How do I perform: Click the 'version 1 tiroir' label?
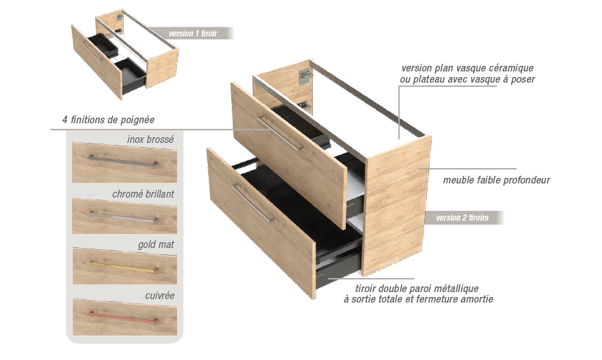tap(192, 34)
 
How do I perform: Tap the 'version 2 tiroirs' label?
tap(462, 217)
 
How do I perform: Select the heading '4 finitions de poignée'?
tap(108, 120)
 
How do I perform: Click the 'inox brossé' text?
tap(150, 139)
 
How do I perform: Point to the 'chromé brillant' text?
tap(143, 194)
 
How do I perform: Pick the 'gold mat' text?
tap(156, 244)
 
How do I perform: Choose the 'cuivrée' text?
tap(160, 296)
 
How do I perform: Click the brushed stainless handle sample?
tap(122, 161)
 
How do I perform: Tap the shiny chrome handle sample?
tap(122, 217)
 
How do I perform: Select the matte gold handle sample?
tap(122, 267)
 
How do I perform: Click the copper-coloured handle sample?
tap(122, 317)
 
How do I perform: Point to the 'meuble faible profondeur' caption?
tap(496, 180)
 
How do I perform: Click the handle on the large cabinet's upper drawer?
tap(279, 133)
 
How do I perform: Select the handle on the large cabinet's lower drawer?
tap(253, 203)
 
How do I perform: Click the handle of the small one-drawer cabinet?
tap(92, 51)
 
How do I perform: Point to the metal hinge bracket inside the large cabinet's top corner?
tap(304, 76)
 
